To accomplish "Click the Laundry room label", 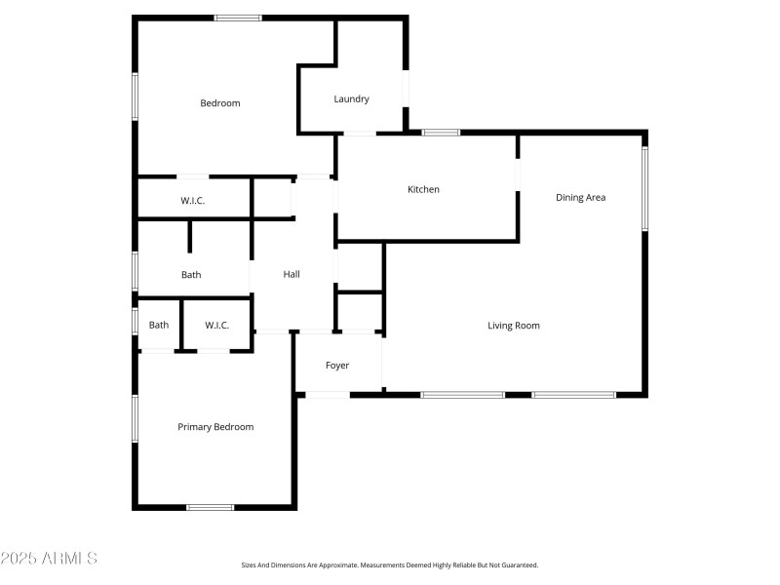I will tap(351, 98).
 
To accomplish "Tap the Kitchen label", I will tap(423, 189).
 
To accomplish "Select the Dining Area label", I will tap(581, 197).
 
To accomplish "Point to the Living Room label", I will tap(514, 326).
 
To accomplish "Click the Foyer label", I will tap(337, 366).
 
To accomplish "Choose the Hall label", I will tap(292, 275).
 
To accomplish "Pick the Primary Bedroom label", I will tap(215, 427).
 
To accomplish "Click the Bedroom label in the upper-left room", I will tap(220, 103).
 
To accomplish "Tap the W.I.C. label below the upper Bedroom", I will tap(193, 201).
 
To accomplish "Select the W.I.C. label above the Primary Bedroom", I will tap(216, 326).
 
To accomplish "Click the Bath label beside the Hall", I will tap(191, 275).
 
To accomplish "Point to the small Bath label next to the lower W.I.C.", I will tap(159, 326).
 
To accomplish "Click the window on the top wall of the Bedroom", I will tap(238, 18).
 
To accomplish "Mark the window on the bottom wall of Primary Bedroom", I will tap(211, 507).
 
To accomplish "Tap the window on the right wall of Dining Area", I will tap(644, 188).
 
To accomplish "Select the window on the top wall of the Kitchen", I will tap(441, 132).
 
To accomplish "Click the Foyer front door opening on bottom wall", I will tap(328, 394).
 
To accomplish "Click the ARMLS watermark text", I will tap(49, 559).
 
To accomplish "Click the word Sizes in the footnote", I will tap(250, 565).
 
